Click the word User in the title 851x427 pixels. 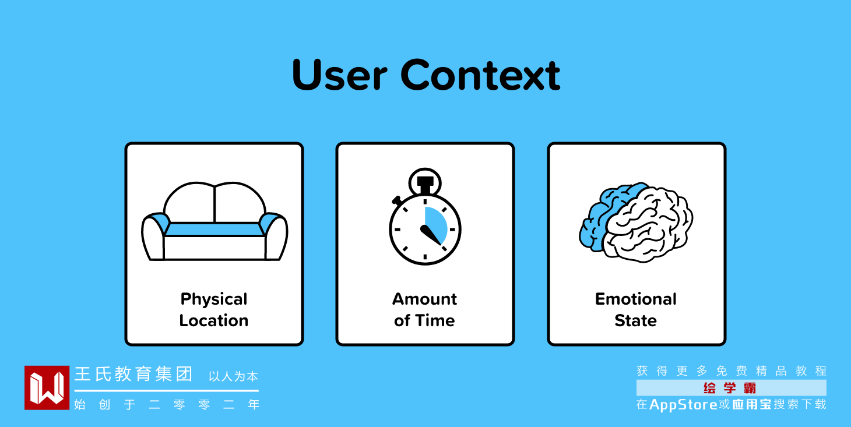pyautogui.click(x=340, y=75)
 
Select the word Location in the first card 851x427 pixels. pyautogui.click(x=214, y=320)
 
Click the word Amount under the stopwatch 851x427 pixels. pyautogui.click(x=425, y=299)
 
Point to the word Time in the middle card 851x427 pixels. pyautogui.click(x=435, y=320)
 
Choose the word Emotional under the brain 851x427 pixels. pyautogui.click(x=636, y=299)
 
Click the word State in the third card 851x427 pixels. pyautogui.click(x=636, y=320)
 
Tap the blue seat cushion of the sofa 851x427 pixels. pyautogui.click(x=214, y=230)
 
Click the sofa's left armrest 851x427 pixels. pyautogui.click(x=153, y=237)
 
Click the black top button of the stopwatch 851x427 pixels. pyautogui.click(x=425, y=184)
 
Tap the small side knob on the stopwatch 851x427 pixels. pyautogui.click(x=397, y=200)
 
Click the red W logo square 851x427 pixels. pyautogui.click(x=47, y=387)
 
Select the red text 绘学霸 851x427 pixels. pyautogui.click(x=729, y=388)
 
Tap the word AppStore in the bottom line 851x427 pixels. pyautogui.click(x=684, y=405)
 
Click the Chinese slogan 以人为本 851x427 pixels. pyautogui.click(x=233, y=376)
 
